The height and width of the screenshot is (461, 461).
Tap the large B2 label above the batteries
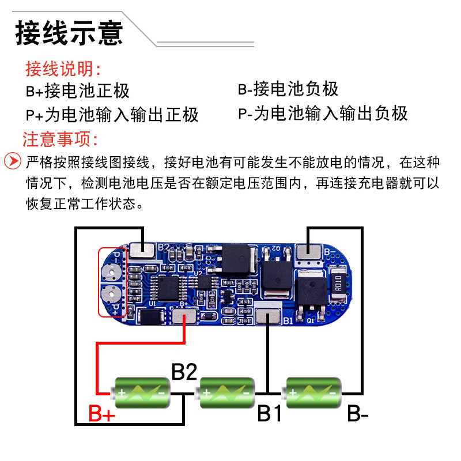coord(184,372)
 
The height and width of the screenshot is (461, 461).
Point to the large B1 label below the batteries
coord(269,413)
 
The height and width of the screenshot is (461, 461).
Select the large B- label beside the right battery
coord(358,413)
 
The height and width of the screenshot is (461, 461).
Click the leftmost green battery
coord(142,392)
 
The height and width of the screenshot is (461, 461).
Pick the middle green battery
coord(226,392)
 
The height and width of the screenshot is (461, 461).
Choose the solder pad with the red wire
coord(184,317)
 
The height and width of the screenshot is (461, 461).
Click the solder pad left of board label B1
coord(269,317)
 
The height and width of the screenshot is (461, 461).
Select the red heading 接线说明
coord(63,69)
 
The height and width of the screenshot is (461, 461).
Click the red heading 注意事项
coord(61,139)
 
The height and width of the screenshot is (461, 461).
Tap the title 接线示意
coord(69,33)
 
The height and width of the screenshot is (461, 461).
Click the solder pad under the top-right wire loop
coord(309,251)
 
